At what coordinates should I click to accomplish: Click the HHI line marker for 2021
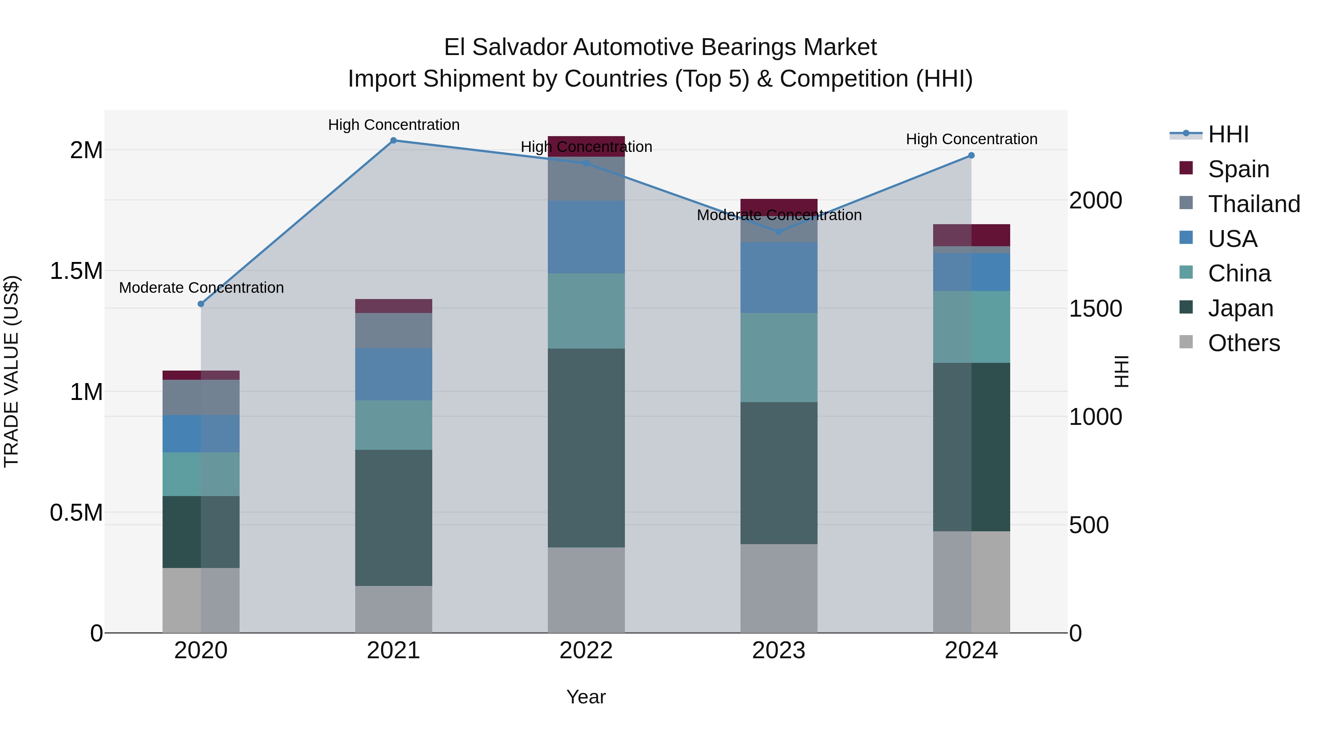(x=393, y=141)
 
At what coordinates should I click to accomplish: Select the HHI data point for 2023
(x=779, y=232)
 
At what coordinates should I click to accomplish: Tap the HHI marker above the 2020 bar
(x=201, y=304)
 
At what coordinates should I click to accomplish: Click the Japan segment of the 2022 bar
(x=586, y=448)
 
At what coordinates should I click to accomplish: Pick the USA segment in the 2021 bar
(x=393, y=374)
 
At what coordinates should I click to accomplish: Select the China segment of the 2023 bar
(x=779, y=357)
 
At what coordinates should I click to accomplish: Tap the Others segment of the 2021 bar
(x=393, y=609)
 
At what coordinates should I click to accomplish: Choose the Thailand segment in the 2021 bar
(x=393, y=330)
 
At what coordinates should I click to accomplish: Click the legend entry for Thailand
(x=1253, y=204)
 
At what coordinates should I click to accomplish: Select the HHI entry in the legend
(x=1228, y=134)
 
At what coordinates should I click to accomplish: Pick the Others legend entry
(x=1243, y=343)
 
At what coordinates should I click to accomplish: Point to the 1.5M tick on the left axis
(x=76, y=271)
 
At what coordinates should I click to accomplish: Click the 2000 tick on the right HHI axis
(x=1095, y=200)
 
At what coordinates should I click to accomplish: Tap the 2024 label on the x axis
(x=971, y=651)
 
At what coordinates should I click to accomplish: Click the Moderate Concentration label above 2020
(x=201, y=288)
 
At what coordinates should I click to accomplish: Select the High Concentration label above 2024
(x=971, y=139)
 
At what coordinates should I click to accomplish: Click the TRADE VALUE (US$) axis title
(x=11, y=371)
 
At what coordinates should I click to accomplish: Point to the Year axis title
(x=586, y=697)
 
